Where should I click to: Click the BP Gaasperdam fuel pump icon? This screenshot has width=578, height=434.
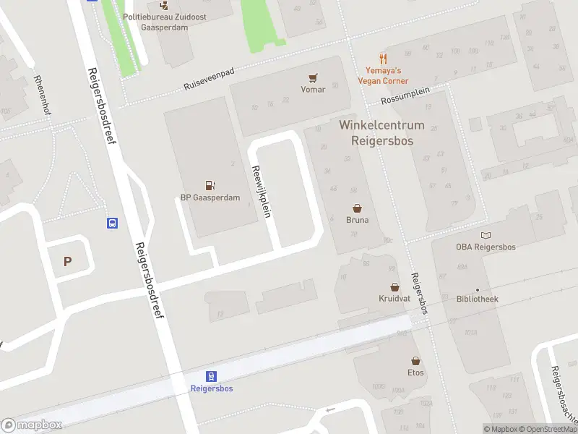[210, 185]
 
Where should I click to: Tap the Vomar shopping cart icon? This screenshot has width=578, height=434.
[313, 77]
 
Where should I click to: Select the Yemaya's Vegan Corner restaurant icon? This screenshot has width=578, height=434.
[383, 59]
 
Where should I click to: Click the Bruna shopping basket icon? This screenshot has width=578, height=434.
[357, 208]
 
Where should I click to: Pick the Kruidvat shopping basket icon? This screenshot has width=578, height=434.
[394, 286]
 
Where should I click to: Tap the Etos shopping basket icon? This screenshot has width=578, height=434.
[415, 360]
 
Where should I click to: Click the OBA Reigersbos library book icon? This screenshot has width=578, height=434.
[486, 235]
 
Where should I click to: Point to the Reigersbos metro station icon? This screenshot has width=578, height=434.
[211, 376]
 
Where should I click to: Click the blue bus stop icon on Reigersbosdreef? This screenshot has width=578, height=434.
[113, 223]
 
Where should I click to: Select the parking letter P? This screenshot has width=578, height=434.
[68, 262]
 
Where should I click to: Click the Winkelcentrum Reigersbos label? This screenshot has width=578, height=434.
[381, 133]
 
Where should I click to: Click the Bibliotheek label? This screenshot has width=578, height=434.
[477, 299]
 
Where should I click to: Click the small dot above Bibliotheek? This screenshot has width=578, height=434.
[477, 289]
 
